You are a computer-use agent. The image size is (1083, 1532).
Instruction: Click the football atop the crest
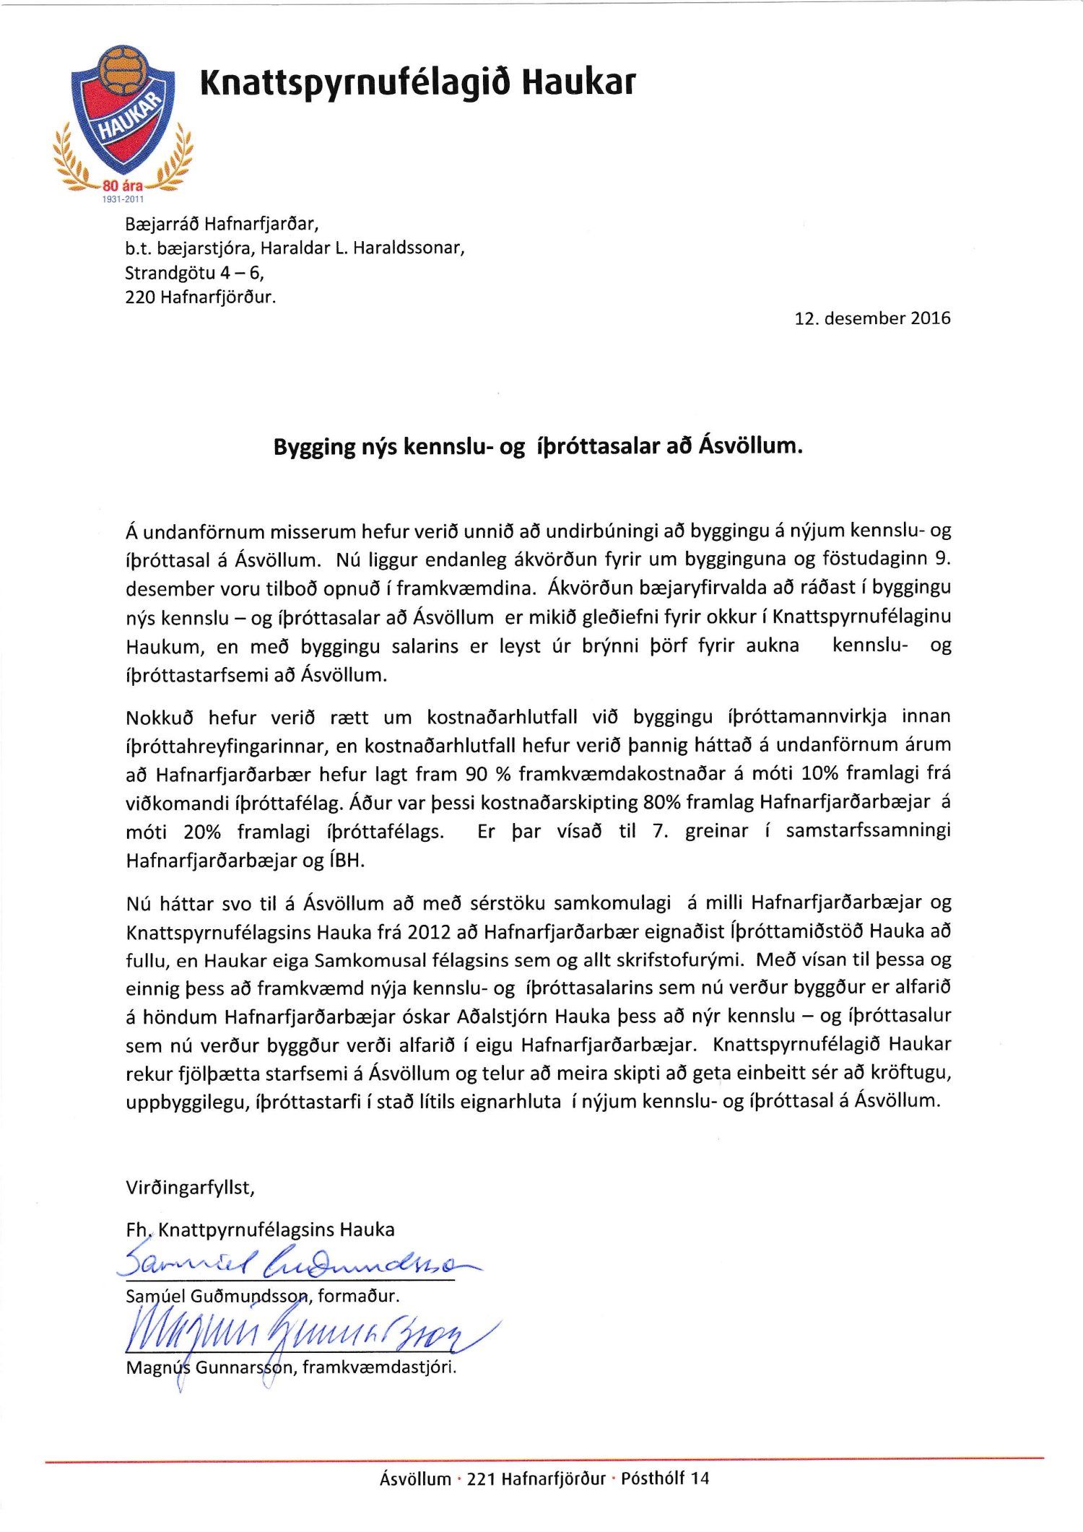coord(124,67)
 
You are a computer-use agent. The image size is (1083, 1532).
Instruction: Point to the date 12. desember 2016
coord(872,318)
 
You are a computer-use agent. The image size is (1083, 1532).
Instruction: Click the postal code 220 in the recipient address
coord(140,297)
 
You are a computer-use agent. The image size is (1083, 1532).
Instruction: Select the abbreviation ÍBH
coord(347,861)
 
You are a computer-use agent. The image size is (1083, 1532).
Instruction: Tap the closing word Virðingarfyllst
coord(190,1188)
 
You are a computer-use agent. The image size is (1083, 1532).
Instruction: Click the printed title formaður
coord(358,1296)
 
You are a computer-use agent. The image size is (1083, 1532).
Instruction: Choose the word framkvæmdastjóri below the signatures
coord(380,1367)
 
